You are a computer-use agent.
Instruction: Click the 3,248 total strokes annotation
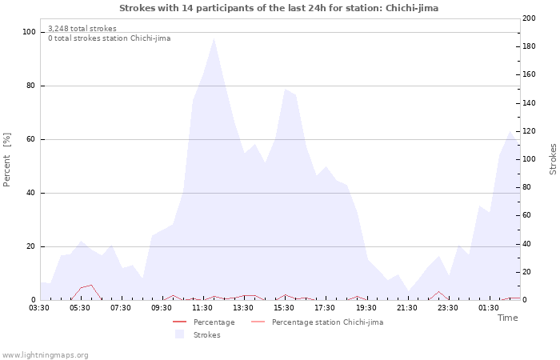click(x=82, y=29)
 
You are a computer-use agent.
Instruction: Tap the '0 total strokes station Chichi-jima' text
click(x=109, y=38)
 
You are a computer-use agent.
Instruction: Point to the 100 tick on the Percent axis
click(x=30, y=32)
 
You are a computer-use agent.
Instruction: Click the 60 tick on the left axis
click(x=31, y=139)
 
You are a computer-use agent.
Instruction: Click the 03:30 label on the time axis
click(x=40, y=307)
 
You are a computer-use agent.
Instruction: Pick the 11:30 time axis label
click(x=203, y=307)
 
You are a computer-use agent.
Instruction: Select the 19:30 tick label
click(x=366, y=307)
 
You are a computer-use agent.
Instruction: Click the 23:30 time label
click(x=448, y=307)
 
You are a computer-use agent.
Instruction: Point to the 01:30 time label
click(x=489, y=307)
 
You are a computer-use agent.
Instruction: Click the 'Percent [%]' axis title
click(x=7, y=159)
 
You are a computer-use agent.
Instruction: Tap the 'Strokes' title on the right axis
click(x=553, y=159)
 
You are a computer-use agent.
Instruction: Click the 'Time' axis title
click(x=507, y=318)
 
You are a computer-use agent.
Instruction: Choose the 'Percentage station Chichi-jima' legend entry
click(x=327, y=322)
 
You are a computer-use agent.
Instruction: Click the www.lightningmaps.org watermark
click(x=45, y=354)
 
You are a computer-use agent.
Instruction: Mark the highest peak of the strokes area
click(x=214, y=38)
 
